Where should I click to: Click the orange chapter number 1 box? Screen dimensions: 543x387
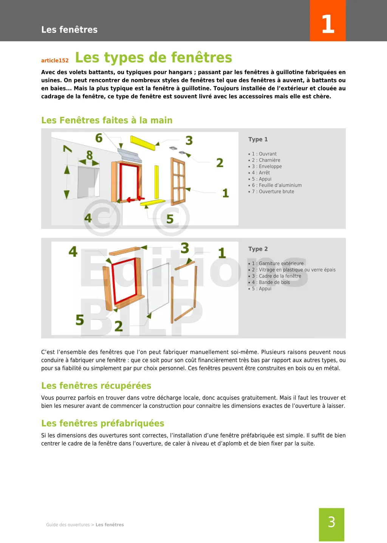[328, 21]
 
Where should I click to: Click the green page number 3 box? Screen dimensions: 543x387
[331, 524]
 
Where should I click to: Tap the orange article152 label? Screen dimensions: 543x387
[55, 61]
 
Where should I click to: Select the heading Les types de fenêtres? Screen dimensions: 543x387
[153, 57]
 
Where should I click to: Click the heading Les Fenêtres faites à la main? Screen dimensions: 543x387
[107, 120]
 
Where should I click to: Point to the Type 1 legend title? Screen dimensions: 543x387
[258, 139]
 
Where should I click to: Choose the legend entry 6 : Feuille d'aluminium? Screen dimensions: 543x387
[277, 185]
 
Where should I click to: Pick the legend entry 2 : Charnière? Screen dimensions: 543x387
[266, 160]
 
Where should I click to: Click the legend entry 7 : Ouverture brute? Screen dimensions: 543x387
[273, 192]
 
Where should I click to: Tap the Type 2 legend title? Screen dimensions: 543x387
[258, 249]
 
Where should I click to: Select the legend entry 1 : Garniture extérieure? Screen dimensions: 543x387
[277, 264]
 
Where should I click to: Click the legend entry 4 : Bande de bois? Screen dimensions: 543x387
[271, 282]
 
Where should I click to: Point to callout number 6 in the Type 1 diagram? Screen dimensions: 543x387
[99, 138]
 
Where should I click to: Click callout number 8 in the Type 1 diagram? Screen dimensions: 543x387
[90, 155]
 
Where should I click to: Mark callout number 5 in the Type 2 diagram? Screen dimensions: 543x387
[80, 320]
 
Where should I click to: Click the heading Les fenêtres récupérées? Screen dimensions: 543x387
[96, 386]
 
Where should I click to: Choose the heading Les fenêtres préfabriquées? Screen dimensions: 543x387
[102, 423]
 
